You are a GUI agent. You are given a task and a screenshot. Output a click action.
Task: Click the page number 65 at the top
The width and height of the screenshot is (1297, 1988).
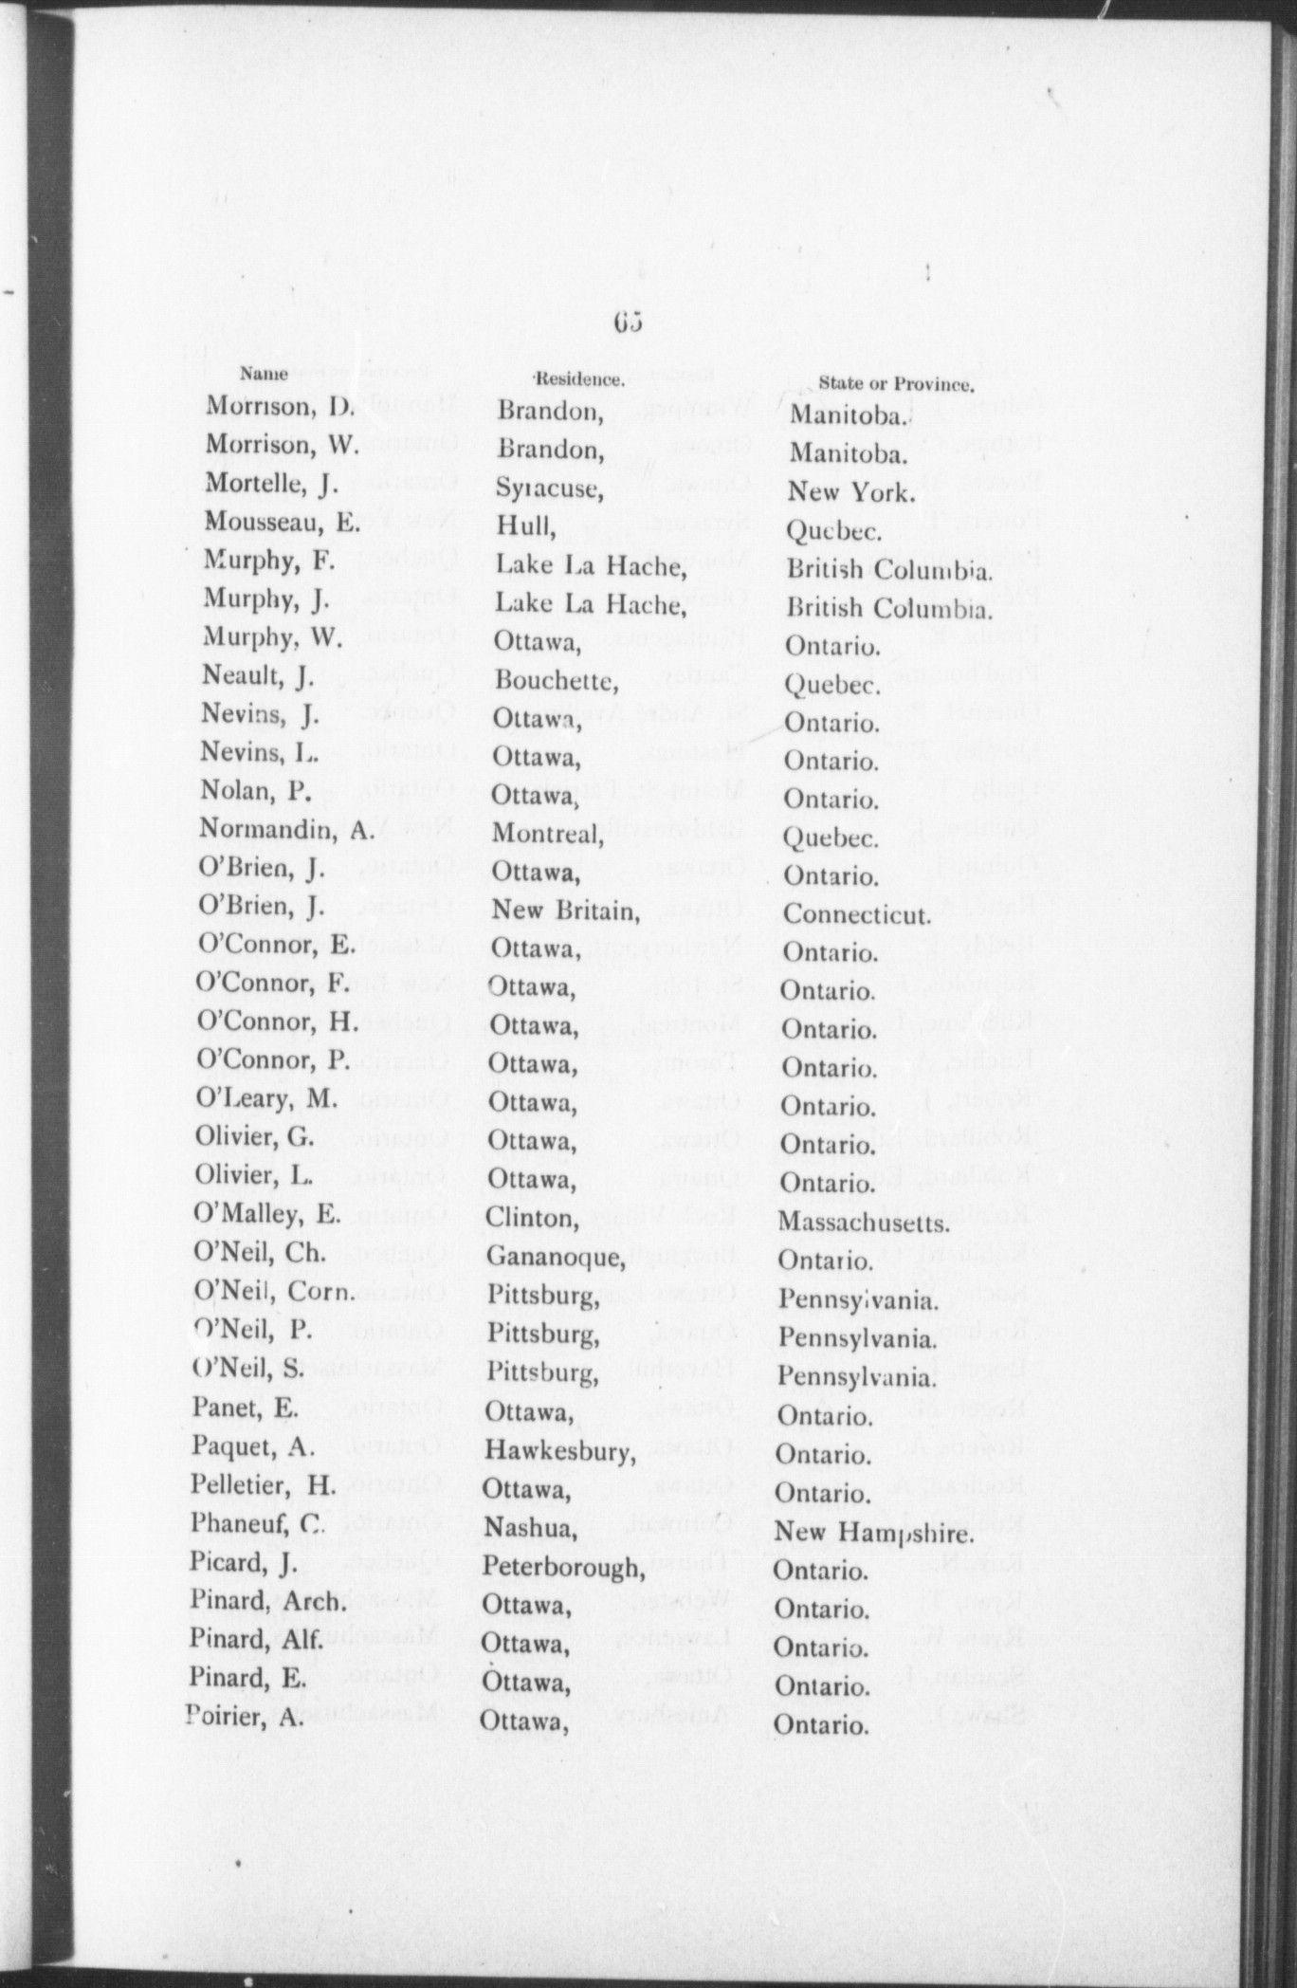tap(628, 322)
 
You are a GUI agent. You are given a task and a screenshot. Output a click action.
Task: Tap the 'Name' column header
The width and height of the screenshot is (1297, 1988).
tap(264, 373)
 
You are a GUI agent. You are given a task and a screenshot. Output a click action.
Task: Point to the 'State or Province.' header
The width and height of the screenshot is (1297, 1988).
tap(896, 384)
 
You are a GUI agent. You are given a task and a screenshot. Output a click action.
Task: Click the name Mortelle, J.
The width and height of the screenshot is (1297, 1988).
tap(272, 485)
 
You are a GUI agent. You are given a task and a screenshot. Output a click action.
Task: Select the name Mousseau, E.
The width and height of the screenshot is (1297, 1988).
tap(282, 523)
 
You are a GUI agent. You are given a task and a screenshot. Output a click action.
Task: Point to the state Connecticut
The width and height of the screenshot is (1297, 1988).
tap(855, 914)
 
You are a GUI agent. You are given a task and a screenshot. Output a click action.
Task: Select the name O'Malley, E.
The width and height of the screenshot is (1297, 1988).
tap(266, 1214)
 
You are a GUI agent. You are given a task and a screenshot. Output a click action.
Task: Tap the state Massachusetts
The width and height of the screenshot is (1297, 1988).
tap(864, 1223)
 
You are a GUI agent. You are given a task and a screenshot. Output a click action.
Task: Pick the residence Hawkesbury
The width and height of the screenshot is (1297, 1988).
tap(558, 1451)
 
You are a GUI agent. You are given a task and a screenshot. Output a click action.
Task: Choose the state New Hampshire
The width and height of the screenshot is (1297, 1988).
tap(873, 1533)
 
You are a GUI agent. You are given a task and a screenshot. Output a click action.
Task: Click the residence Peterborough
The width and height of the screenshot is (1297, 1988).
tap(563, 1567)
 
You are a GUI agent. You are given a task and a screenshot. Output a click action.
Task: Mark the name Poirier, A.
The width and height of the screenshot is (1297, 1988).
tap(245, 1716)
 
